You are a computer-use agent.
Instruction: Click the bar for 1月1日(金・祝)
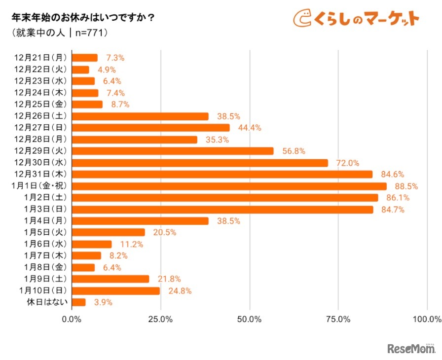click(229, 186)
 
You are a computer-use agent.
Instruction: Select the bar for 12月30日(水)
click(200, 163)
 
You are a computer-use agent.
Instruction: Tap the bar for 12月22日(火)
click(80, 70)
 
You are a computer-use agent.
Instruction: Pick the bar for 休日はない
click(79, 302)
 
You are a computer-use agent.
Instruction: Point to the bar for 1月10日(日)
click(116, 291)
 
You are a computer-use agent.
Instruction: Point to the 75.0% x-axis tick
click(338, 319)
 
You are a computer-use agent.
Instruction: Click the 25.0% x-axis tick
click(161, 319)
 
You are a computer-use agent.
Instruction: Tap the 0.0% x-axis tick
click(72, 319)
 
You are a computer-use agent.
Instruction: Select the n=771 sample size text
click(91, 34)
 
